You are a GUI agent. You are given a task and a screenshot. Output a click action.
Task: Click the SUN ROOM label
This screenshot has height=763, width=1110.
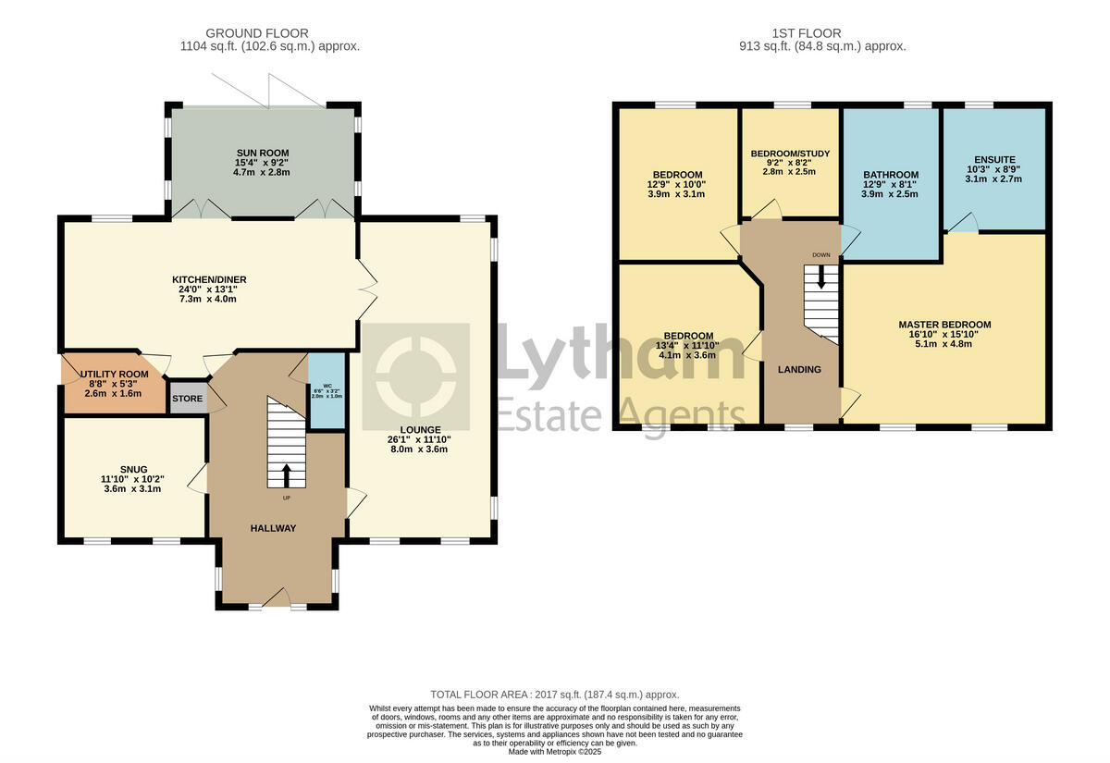[x=262, y=153]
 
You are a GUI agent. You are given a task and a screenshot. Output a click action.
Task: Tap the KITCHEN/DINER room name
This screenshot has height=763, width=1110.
[x=209, y=280]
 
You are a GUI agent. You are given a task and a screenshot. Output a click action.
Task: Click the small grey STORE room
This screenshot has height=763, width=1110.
[x=186, y=399]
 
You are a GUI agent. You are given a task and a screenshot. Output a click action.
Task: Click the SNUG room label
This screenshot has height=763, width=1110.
[x=132, y=469]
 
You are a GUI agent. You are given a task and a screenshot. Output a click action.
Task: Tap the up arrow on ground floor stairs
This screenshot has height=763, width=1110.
[x=285, y=474]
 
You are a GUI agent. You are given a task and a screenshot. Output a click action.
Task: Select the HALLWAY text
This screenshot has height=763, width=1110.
[x=273, y=528]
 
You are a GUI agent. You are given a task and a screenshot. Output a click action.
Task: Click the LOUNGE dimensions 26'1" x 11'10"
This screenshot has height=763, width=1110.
[x=419, y=440]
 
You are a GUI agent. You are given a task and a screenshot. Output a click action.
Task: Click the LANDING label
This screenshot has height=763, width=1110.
[x=799, y=369]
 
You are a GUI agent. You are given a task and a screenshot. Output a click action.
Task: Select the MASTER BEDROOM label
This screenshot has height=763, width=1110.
[x=944, y=325]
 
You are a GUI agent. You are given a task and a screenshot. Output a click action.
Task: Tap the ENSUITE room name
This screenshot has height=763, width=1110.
[x=993, y=158]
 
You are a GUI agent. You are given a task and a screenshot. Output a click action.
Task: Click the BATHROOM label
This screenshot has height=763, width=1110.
[x=891, y=175]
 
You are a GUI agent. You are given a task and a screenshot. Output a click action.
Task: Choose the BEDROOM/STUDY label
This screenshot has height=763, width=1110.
[x=790, y=154]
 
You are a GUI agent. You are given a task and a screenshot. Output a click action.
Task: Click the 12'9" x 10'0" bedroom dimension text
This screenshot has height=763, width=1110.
[x=677, y=185]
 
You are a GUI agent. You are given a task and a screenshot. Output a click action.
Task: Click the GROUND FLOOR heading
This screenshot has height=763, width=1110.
[x=257, y=33]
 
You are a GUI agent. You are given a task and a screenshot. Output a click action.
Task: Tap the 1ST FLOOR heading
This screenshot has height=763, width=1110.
[x=822, y=33]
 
